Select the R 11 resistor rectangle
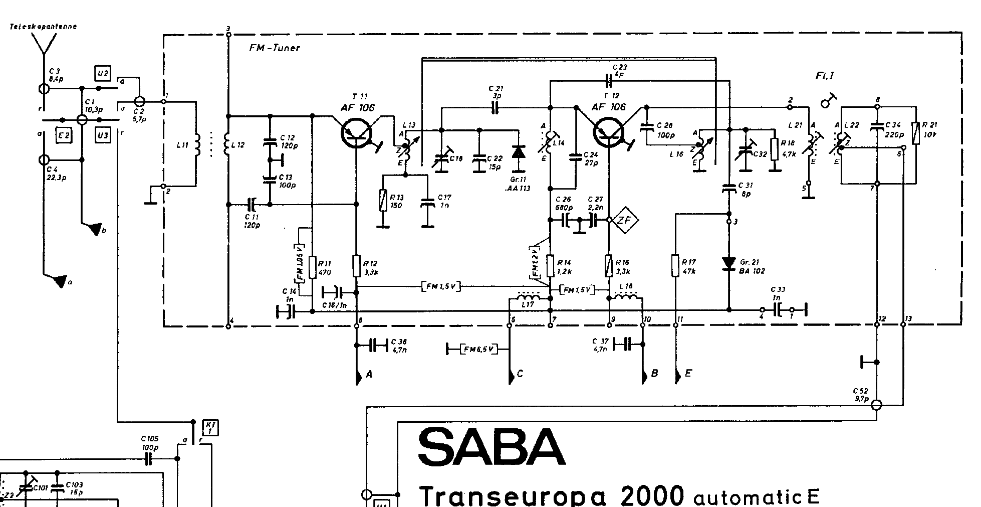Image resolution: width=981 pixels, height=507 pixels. pos(312,267)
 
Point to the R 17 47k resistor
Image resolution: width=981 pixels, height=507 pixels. pos(675,265)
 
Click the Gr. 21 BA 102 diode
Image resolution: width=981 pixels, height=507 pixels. pos(728,263)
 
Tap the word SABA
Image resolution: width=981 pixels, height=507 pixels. pos(492,447)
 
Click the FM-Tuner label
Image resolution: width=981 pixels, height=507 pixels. pos(274,48)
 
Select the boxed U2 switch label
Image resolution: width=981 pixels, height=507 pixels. pos(102,73)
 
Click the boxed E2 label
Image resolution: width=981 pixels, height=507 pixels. pos(63,136)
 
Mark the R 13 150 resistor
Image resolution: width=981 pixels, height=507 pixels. pos(383,199)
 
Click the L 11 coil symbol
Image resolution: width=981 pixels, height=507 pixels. pos(197,144)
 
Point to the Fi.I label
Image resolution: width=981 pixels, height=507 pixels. pos(824,76)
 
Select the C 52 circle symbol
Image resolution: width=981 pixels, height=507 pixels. pos(876,405)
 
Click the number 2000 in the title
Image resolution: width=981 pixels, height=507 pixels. pos(651,495)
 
